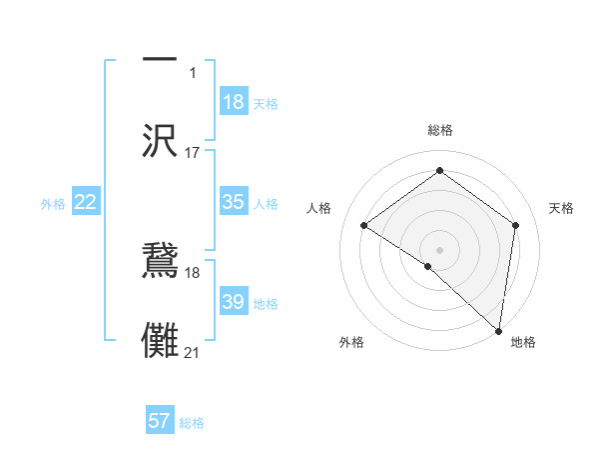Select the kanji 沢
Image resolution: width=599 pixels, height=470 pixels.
click(160, 140)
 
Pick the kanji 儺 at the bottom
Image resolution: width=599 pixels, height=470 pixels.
click(160, 337)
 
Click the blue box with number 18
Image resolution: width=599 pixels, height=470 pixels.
click(233, 102)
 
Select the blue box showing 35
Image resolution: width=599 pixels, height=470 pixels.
click(233, 202)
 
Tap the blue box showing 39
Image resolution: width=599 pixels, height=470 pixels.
click(233, 302)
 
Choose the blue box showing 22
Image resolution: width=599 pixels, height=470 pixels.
click(86, 202)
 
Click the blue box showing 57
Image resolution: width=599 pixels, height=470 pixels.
click(160, 421)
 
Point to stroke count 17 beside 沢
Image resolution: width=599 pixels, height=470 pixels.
click(193, 153)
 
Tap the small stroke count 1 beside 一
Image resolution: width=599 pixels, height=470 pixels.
click(193, 73)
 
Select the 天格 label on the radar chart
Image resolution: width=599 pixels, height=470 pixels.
click(561, 208)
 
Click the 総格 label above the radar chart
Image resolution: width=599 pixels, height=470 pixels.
click(440, 130)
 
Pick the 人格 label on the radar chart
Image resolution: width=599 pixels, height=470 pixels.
click(319, 208)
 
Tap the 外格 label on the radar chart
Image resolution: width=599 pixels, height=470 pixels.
click(351, 342)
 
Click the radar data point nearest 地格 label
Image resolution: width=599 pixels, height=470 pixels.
click(499, 330)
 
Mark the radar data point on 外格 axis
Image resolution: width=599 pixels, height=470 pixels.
click(428, 266)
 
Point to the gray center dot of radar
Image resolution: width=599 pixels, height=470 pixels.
click(440, 249)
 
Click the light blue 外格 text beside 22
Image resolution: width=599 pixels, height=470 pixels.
click(53, 204)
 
